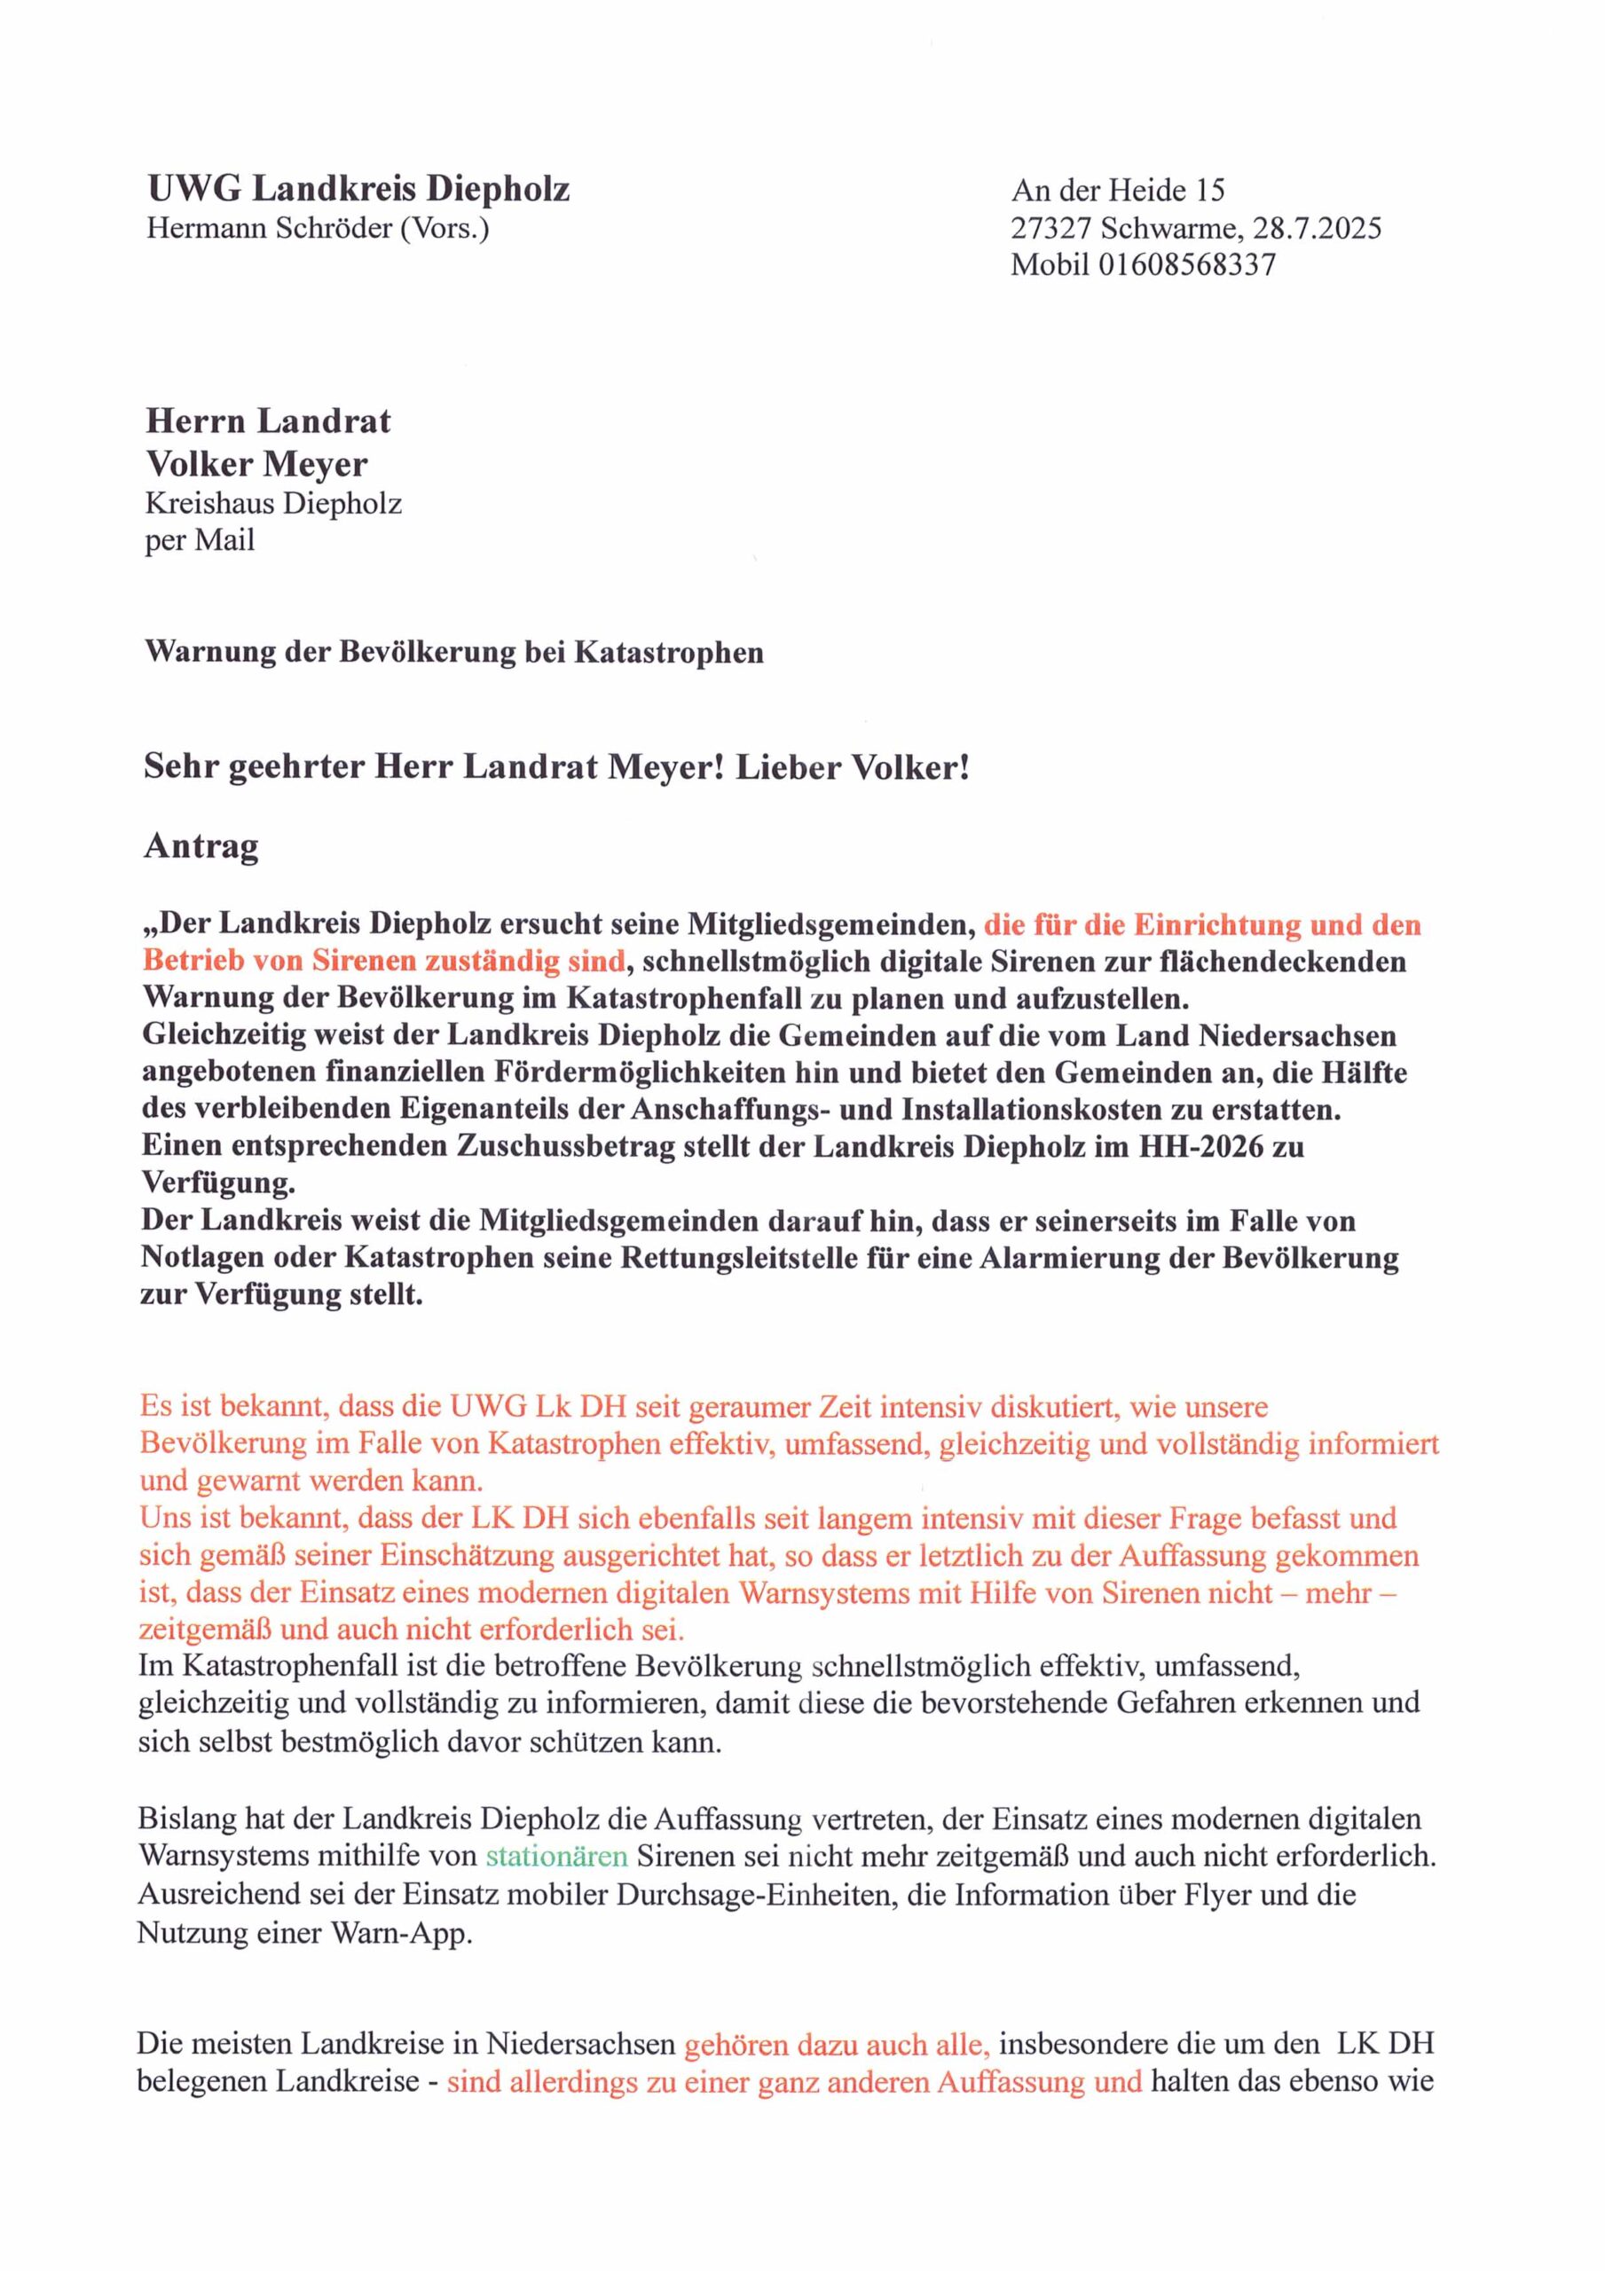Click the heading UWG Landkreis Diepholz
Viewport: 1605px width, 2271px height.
pos(358,188)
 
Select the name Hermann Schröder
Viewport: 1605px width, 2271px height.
pos(269,229)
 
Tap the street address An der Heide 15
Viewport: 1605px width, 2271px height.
pos(1117,190)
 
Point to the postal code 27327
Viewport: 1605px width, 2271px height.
pos(1050,229)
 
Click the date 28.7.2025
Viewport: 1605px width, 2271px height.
pos(1316,229)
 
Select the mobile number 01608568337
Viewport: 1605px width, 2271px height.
pos(1186,264)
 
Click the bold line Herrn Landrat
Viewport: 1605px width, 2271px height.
pos(267,421)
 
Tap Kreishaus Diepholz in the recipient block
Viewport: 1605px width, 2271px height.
pos(273,504)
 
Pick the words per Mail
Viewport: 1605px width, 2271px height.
pos(199,540)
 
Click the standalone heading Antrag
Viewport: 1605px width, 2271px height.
pos(201,845)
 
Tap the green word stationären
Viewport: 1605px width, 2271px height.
pos(557,1856)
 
